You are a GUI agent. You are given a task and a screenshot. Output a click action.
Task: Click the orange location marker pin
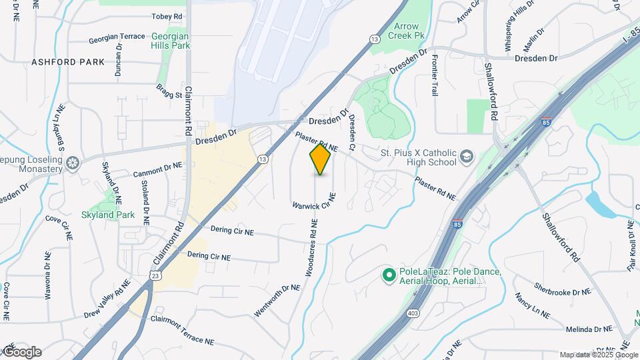pos(320,159)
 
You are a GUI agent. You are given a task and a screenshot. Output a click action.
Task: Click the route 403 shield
pos(413,313)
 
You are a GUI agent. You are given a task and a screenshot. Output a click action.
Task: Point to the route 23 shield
pos(155,275)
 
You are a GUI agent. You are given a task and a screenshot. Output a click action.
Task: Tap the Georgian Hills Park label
pos(171,41)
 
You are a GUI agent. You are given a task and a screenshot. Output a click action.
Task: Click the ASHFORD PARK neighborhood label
pos(68,62)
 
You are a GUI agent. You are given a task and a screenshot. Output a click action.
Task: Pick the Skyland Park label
pos(108,215)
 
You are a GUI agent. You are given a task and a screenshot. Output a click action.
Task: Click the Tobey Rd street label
pos(148,16)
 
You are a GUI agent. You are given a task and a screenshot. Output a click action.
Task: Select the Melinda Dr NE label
pos(589,329)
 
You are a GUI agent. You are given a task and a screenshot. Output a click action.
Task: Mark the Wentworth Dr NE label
pos(277,301)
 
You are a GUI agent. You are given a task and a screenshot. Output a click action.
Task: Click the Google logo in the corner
pos(22,352)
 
